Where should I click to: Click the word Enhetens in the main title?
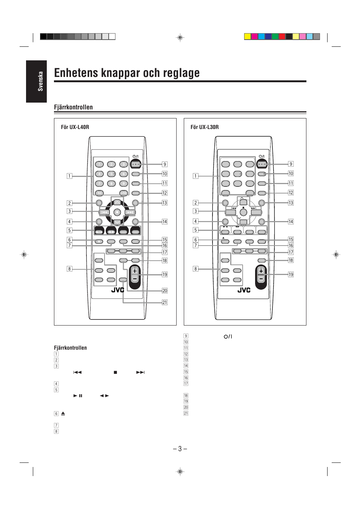[76, 73]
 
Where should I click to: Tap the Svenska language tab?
[40, 81]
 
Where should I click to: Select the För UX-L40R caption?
[75, 127]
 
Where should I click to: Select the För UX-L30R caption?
[205, 127]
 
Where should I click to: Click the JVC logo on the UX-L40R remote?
[118, 290]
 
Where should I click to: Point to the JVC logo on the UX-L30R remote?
[244, 290]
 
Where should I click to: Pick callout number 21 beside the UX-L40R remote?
[165, 302]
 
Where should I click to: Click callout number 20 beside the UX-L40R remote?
[165, 290]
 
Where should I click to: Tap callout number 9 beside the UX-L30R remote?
[291, 164]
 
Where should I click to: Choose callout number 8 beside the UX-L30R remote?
[195, 269]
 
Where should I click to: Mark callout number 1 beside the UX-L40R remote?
[69, 176]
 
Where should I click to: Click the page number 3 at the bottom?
[180, 449]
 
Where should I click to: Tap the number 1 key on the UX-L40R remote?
[99, 164]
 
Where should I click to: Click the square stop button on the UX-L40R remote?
[117, 212]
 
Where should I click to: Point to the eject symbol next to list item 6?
[63, 413]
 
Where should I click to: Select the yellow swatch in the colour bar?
[248, 37]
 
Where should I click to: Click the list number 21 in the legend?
[186, 413]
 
